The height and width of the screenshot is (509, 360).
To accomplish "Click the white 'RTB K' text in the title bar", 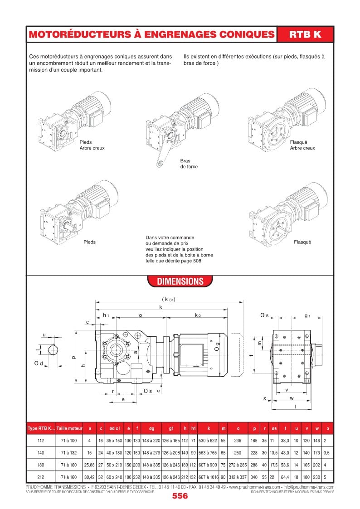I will click(x=305, y=34).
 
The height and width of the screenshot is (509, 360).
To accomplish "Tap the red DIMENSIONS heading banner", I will click(x=180, y=281).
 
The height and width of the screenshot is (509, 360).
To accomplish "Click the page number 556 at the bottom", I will click(x=180, y=496).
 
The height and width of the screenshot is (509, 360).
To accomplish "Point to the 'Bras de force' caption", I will click(x=189, y=164).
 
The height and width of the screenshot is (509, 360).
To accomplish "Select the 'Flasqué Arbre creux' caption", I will click(x=302, y=145).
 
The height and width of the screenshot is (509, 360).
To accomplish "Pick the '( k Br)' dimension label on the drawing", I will click(x=168, y=299).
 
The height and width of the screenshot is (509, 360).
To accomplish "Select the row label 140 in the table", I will click(x=41, y=453).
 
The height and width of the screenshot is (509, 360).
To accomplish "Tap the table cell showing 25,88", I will click(x=89, y=465).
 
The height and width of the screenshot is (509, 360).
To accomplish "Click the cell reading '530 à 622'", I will click(x=208, y=440).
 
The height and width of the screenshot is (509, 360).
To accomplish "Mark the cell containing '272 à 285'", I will click(x=238, y=465).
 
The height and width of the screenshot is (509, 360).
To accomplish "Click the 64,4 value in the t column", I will click(x=285, y=477).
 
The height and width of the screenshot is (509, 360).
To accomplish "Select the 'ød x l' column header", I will click(x=115, y=428).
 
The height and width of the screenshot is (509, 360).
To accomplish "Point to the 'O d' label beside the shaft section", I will click(x=39, y=364).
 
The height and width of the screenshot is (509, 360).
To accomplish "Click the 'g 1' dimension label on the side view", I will click(x=307, y=315).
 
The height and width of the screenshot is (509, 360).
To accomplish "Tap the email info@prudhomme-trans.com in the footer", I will click(x=308, y=487).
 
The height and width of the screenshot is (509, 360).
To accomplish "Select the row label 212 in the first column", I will click(x=41, y=477).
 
